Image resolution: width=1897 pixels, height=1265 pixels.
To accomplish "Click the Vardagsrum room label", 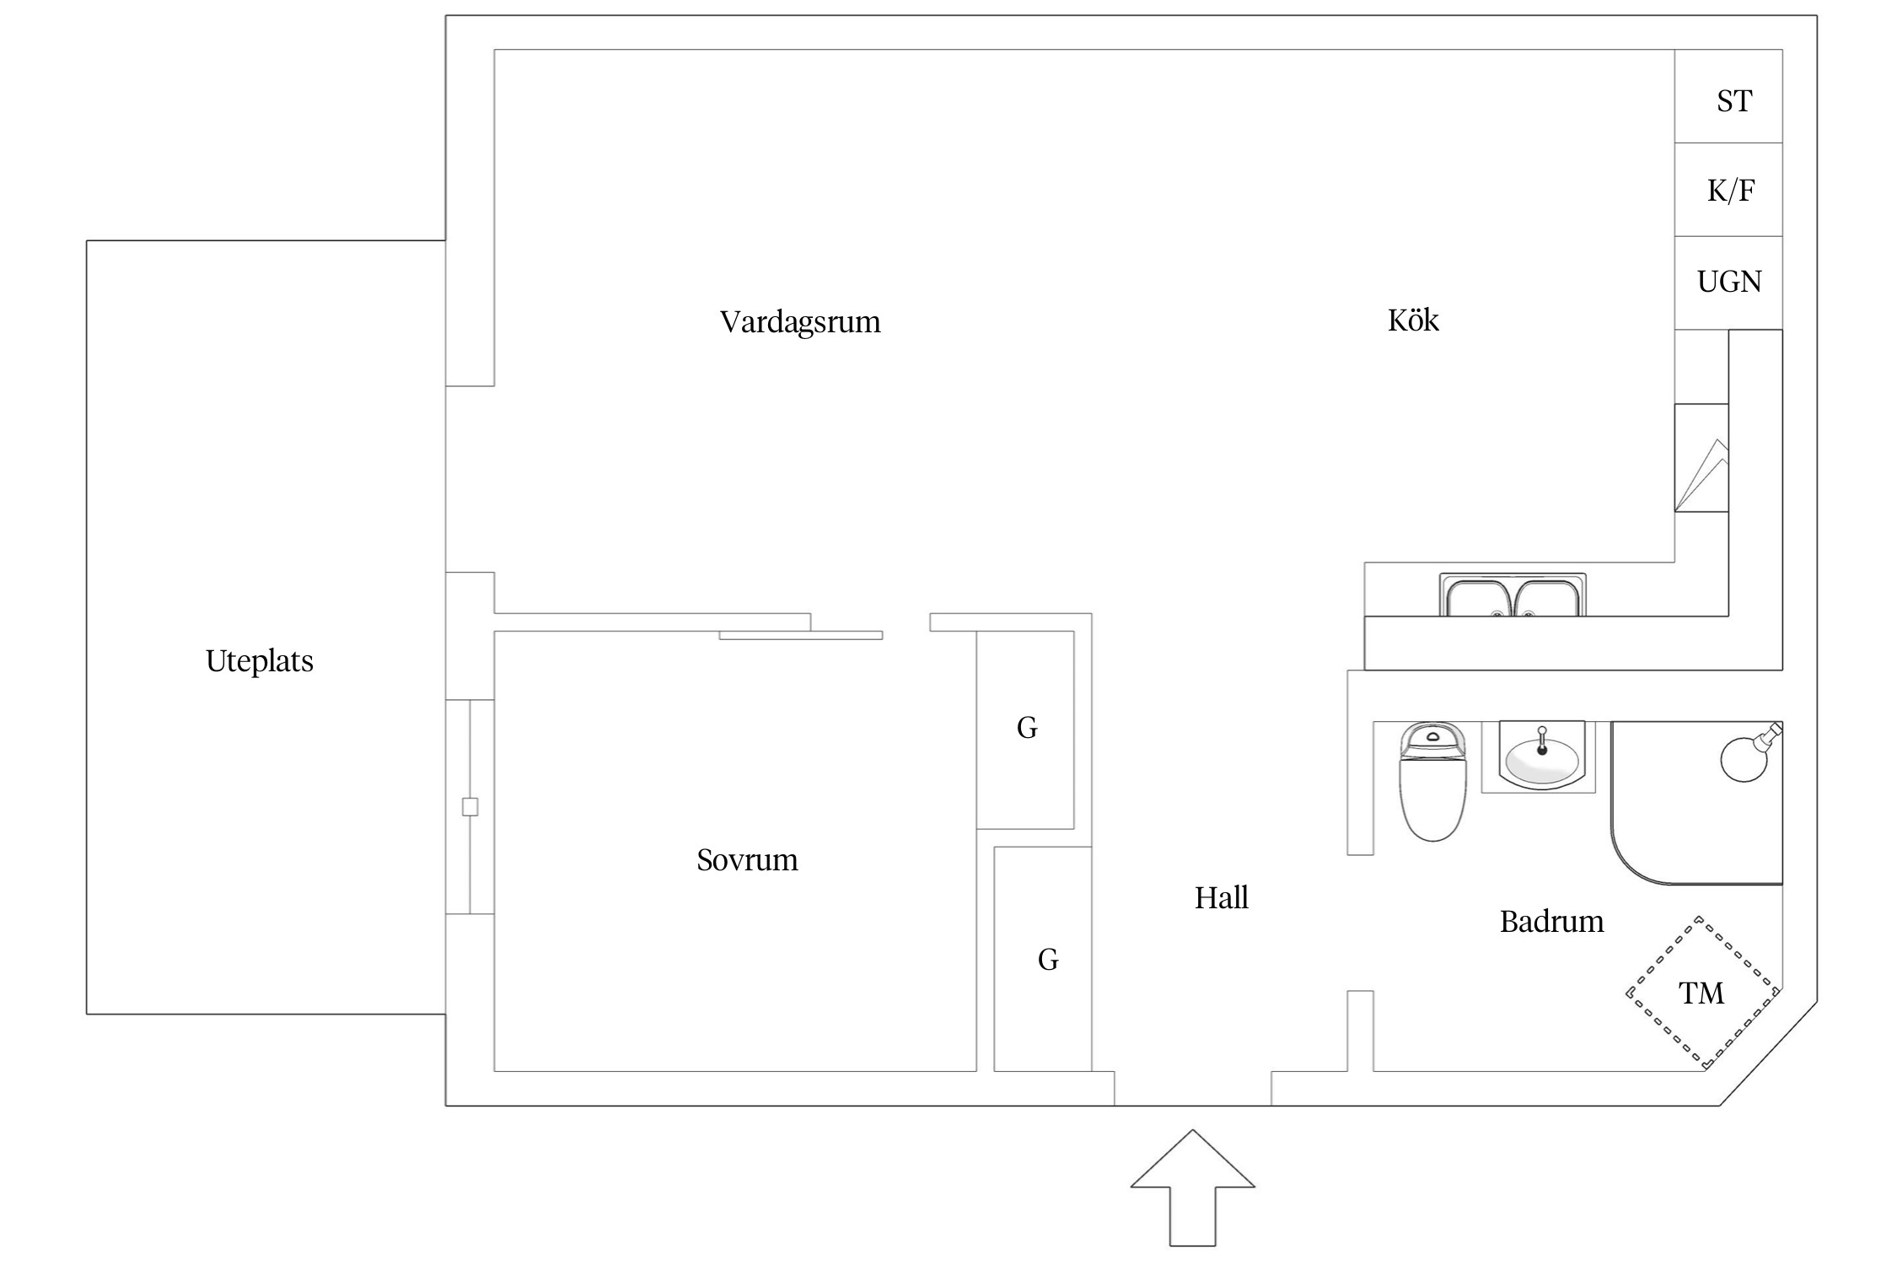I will click(799, 322).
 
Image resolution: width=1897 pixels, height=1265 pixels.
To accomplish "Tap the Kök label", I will click(1413, 320).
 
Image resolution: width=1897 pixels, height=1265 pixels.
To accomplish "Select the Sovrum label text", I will click(747, 860).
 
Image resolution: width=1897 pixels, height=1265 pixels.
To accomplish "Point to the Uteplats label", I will click(259, 661).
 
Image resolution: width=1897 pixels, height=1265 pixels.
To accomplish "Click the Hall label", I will click(1221, 898).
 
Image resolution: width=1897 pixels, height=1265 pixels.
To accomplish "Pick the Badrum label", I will click(1551, 922).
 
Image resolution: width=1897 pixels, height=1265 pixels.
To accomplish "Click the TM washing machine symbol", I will click(1702, 993).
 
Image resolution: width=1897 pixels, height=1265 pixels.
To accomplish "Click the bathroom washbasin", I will click(1541, 756).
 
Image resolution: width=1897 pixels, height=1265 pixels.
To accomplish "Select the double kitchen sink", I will click(1513, 596).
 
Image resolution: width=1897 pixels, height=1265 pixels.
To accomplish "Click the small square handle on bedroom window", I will click(470, 807).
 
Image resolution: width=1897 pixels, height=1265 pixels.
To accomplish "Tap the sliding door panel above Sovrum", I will click(800, 635).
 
